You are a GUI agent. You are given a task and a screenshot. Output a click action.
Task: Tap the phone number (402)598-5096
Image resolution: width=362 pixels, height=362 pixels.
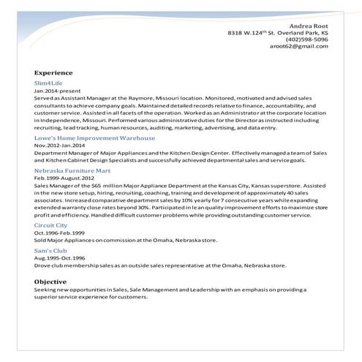click(x=307, y=39)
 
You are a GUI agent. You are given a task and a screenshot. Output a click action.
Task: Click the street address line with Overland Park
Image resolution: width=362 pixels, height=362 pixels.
click(x=278, y=33)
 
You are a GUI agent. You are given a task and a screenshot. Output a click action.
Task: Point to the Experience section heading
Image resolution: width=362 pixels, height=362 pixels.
click(x=53, y=73)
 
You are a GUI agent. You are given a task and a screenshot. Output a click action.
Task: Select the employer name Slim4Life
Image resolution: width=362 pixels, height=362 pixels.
click(x=50, y=84)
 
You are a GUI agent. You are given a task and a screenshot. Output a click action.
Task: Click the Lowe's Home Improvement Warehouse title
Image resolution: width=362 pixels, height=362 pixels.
click(x=94, y=137)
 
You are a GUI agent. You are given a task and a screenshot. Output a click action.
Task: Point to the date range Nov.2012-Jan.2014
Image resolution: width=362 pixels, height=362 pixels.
click(x=60, y=146)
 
